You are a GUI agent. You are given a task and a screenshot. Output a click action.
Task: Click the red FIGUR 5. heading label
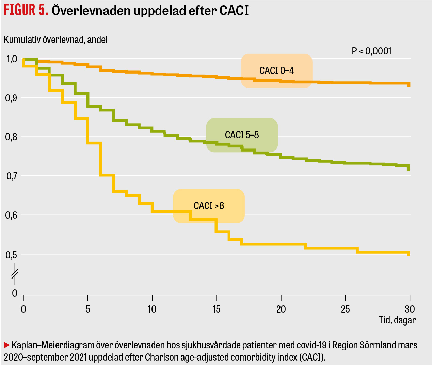pos(26,10)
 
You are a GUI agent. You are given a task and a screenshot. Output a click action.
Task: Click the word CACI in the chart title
pos(234,10)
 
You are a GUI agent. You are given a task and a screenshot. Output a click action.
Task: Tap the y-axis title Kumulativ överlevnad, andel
pos(55,39)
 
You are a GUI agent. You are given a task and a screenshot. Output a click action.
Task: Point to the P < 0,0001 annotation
pos(371,51)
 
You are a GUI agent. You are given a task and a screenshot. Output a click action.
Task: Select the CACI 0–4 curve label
pos(276,70)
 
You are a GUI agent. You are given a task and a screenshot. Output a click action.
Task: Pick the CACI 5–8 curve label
pos(242,135)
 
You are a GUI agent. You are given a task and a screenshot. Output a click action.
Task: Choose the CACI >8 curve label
pos(209,206)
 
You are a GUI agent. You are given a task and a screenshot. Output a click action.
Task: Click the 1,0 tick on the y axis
pos(12,59)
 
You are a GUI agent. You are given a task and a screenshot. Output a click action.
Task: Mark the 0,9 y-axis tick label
pos(12,98)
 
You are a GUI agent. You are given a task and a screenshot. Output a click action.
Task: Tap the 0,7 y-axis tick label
pos(12,176)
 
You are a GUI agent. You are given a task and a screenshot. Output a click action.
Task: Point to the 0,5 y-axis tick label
pos(12,255)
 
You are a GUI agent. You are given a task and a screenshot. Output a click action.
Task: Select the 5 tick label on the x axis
pos(88,309)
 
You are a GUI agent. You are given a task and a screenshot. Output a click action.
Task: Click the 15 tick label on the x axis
pos(217,309)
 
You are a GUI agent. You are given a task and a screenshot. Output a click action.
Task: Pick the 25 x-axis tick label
pos(345,309)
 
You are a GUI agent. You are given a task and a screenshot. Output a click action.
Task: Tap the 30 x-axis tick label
pos(410,309)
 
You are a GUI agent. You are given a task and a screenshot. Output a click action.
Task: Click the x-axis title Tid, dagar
pos(397,320)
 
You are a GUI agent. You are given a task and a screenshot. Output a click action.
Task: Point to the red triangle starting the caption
pos(6,345)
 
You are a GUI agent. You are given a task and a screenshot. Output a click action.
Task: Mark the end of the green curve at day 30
pos(409,168)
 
